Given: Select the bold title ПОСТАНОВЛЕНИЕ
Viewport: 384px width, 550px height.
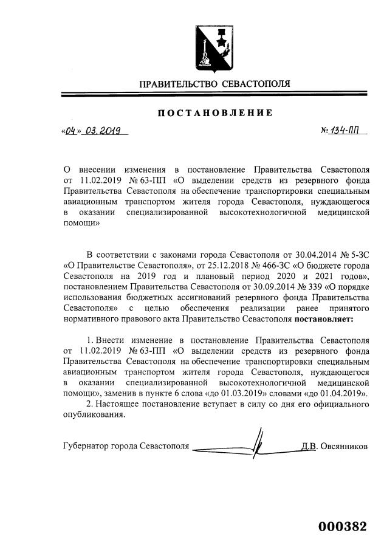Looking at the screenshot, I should click(x=216, y=112).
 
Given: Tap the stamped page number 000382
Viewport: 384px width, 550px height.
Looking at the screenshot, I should click(x=343, y=526).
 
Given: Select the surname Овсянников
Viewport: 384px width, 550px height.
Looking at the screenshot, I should click(x=343, y=446).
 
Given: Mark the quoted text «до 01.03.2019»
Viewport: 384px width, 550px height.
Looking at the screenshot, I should click(x=235, y=394).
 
